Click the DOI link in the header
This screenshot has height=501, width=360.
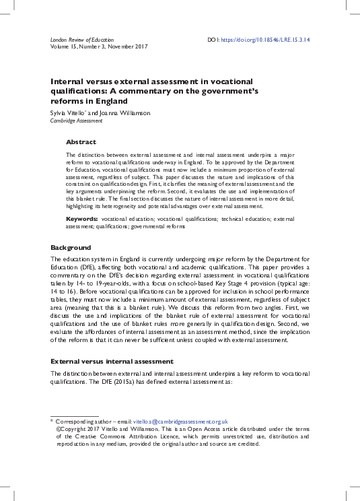(x=275, y=40)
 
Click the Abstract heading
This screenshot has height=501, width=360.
(x=81, y=142)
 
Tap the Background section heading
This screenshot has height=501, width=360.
(x=71, y=248)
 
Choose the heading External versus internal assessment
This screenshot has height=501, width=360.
(x=112, y=362)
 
